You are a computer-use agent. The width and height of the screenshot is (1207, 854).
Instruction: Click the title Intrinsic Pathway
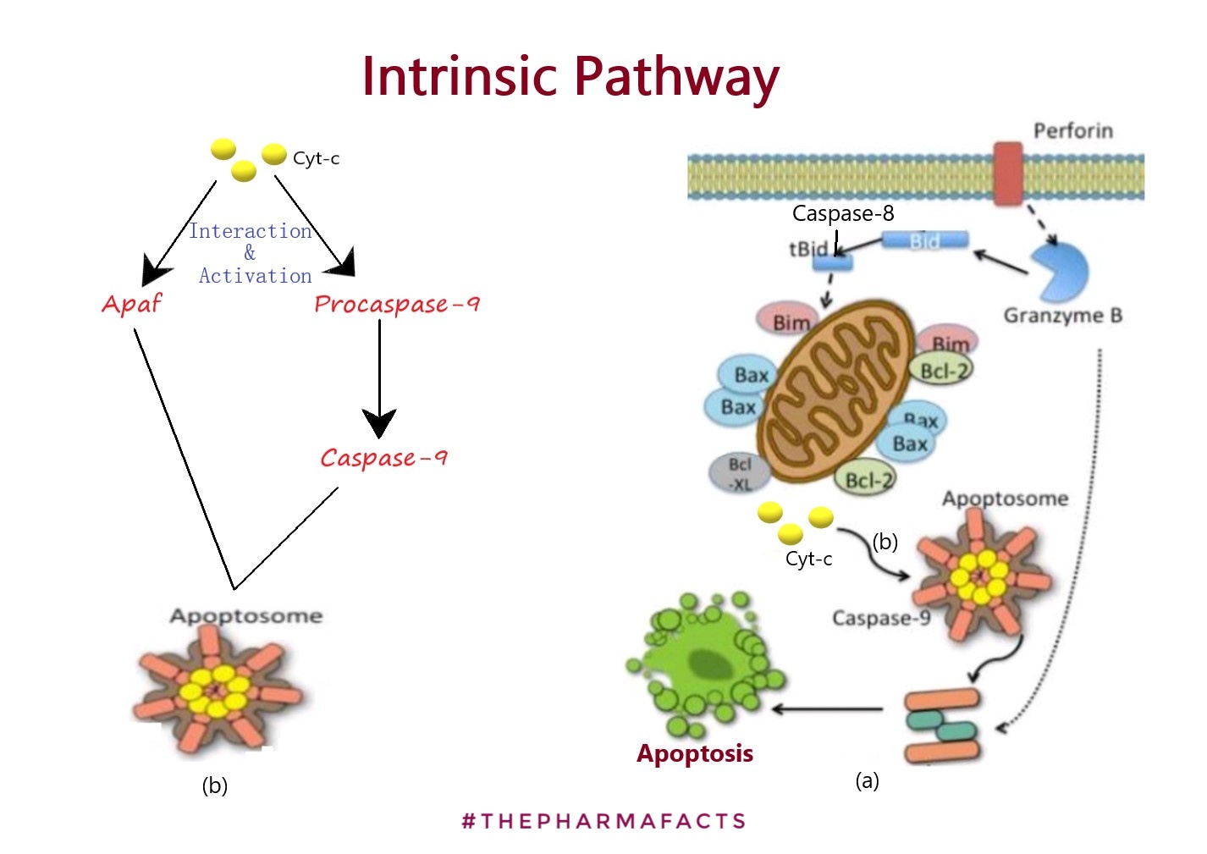(570, 77)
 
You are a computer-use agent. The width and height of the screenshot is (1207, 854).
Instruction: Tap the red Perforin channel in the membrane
(1007, 174)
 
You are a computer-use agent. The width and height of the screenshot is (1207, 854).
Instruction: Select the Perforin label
(1072, 130)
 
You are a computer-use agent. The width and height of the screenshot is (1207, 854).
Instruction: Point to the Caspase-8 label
(842, 213)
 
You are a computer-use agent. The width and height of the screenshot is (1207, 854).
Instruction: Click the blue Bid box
(924, 241)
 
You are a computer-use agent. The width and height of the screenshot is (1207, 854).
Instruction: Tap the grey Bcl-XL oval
(740, 474)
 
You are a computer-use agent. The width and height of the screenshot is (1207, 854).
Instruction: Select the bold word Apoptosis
(694, 753)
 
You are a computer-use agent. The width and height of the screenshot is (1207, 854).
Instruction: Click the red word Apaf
(131, 304)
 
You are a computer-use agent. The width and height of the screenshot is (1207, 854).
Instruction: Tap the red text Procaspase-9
(396, 304)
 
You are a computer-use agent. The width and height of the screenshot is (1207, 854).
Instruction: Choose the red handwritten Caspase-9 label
(383, 458)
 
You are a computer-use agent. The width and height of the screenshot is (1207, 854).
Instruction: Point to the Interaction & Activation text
(251, 253)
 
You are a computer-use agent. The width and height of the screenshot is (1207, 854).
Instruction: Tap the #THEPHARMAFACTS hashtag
(603, 821)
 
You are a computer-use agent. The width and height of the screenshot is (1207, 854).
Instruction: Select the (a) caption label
(867, 780)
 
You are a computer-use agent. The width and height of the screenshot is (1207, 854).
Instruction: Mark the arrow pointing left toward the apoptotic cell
(827, 708)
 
